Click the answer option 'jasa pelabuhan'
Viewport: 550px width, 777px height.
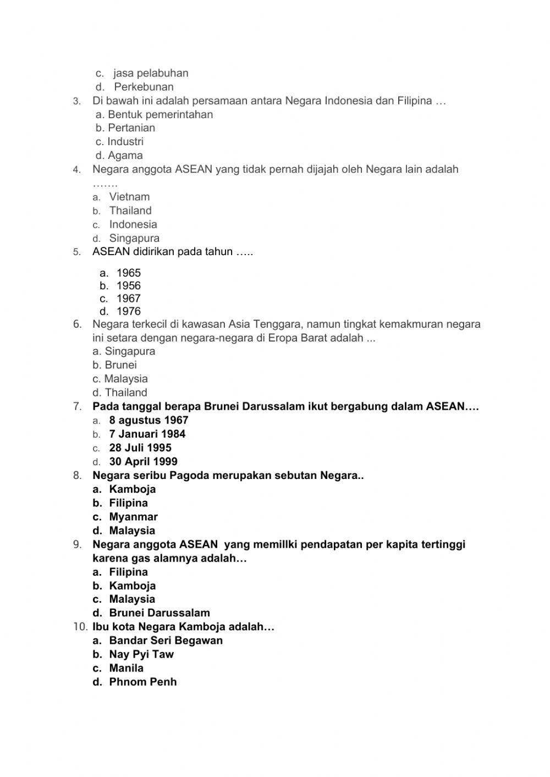[x=151, y=73]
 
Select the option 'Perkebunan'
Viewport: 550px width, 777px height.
[x=144, y=87]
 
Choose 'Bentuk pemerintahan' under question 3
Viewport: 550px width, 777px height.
[x=160, y=114]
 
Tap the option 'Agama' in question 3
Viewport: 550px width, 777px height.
[x=125, y=156]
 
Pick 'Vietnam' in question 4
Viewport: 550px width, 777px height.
[x=129, y=197]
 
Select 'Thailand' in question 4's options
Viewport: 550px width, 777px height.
[x=130, y=211]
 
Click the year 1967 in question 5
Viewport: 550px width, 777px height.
[x=128, y=299]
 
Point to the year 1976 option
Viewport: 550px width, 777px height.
[x=128, y=311]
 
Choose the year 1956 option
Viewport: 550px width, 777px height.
[x=128, y=286]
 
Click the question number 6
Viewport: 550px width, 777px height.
[x=78, y=324]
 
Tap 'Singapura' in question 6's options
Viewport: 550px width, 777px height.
[x=130, y=351]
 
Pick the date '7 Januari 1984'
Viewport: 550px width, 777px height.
[x=147, y=434]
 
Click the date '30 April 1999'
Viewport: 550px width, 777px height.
[x=143, y=462]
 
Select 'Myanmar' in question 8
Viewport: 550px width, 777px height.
[x=133, y=517]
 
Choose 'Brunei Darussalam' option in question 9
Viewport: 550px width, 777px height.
[x=159, y=613]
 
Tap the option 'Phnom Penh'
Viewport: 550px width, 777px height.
[x=143, y=682]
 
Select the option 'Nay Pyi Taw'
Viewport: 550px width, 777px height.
[x=141, y=654]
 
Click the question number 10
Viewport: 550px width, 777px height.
[x=80, y=627]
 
